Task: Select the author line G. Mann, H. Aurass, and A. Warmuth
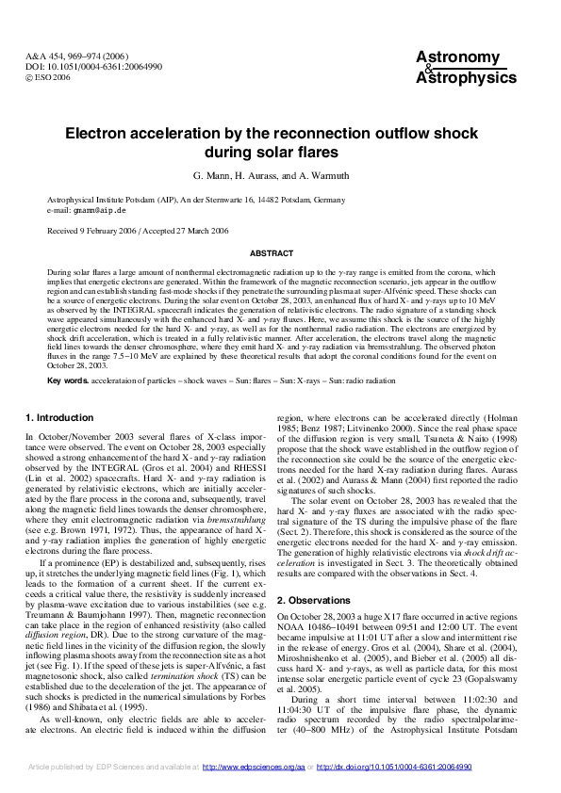click(x=280, y=177)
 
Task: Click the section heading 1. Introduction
click(x=59, y=417)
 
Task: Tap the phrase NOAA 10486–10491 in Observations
click(x=316, y=598)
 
